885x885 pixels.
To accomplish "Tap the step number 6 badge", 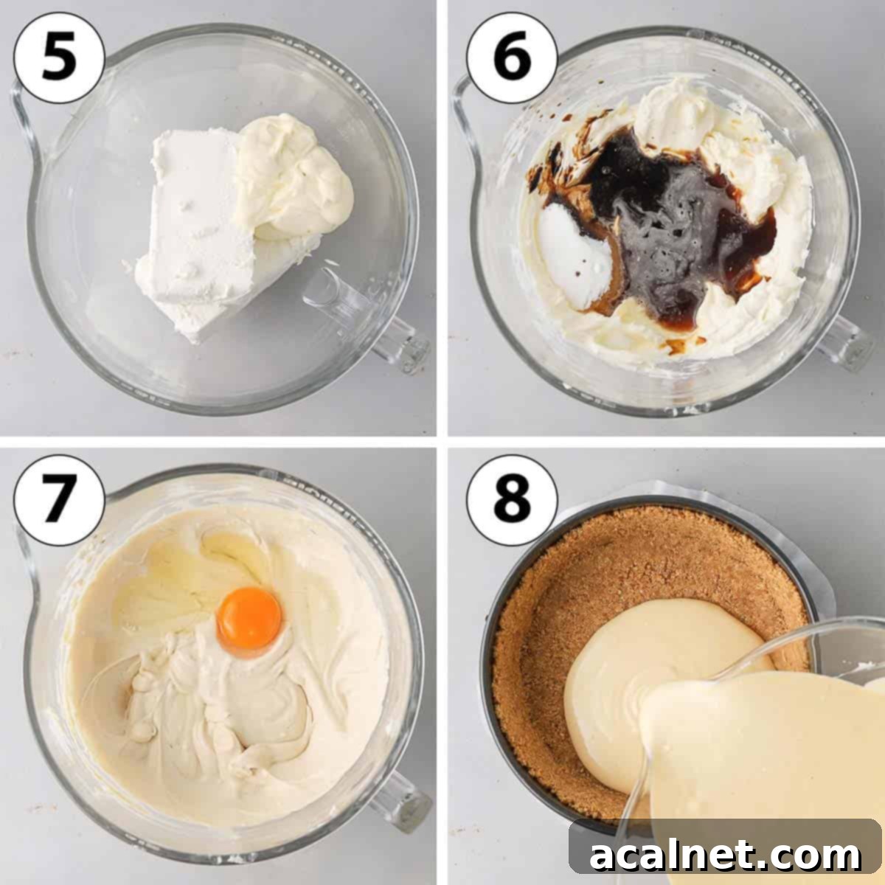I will tap(511, 57).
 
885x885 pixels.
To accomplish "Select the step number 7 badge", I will tap(58, 501).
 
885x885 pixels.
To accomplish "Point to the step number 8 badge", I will tap(511, 501).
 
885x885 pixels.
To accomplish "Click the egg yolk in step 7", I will tap(249, 616).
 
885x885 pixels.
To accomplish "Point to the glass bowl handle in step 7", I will tap(398, 800).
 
